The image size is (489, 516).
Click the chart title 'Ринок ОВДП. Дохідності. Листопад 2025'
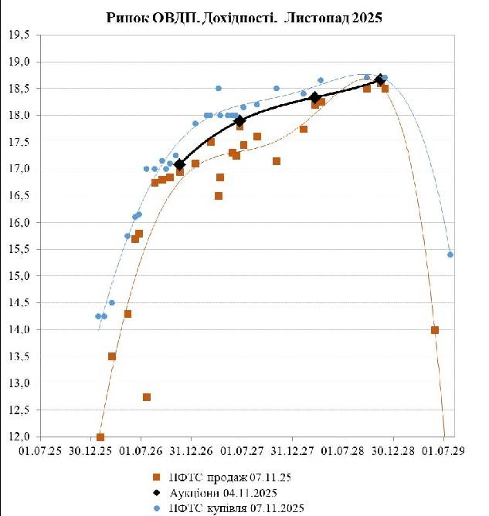point(244,18)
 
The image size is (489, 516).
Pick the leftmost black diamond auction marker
point(180,164)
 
